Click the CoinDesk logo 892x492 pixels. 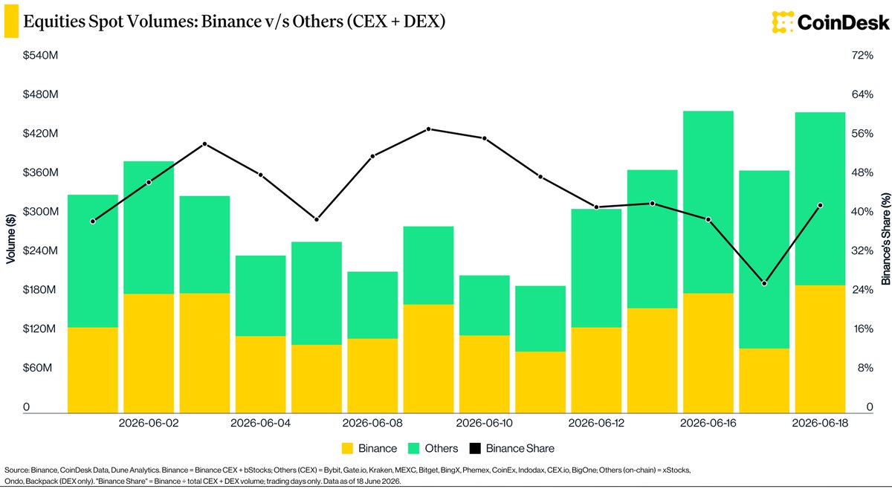point(830,22)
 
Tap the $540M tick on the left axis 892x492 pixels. point(40,55)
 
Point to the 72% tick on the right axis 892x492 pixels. point(862,55)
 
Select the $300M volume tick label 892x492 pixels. point(40,211)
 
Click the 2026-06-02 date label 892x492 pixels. point(149,423)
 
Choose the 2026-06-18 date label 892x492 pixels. point(820,423)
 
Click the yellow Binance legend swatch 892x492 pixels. point(347,449)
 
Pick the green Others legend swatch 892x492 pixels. point(414,449)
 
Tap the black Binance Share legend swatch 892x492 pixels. point(475,449)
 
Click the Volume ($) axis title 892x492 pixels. point(10,239)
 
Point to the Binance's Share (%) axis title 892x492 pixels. point(885,239)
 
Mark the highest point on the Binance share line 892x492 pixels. point(428,129)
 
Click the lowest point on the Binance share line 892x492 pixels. point(764,283)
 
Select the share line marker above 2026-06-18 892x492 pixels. point(821,205)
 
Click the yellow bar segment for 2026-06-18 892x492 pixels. point(821,349)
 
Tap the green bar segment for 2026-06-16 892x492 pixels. point(708,202)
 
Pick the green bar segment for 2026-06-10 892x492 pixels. point(485,305)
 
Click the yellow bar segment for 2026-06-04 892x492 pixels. point(260,375)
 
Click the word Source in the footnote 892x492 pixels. point(16,470)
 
